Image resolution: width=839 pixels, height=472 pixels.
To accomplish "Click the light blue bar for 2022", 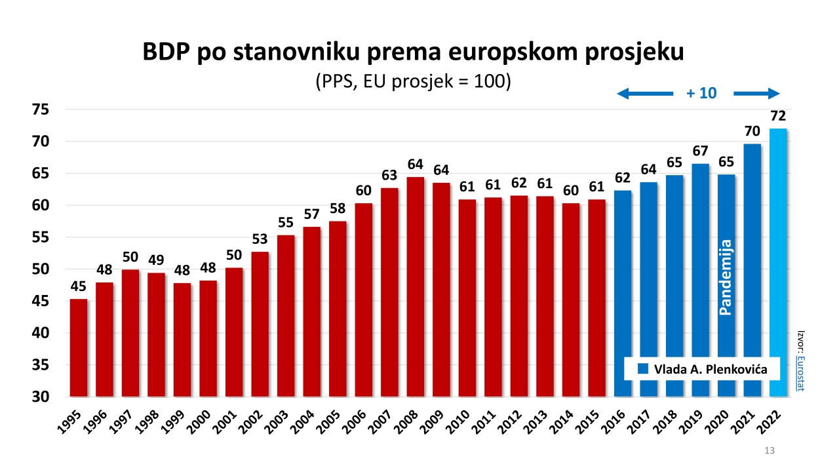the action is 778,262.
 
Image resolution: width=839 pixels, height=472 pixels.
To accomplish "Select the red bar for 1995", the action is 79,347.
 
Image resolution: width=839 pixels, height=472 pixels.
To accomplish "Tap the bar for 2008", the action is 416,286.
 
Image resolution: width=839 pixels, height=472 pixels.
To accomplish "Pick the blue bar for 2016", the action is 623,293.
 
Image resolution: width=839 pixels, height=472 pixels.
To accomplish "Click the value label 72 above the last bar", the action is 778,116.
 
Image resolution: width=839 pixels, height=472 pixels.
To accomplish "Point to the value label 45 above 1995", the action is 78,286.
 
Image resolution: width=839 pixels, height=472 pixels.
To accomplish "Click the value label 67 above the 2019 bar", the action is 700,151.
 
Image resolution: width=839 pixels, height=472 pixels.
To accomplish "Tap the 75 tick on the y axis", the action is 41,109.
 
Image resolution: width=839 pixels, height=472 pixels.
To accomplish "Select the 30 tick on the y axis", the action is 41,397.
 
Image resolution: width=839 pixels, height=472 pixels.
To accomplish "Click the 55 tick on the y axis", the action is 41,237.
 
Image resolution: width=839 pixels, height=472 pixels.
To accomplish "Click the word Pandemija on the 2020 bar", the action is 726,277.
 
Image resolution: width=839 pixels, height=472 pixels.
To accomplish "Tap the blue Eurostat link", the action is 801,374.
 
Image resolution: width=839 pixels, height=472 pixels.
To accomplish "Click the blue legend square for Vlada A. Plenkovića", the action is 643,369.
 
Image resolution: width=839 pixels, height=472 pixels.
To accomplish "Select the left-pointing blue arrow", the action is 644,94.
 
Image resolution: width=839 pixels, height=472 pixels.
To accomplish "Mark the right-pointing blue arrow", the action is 756,94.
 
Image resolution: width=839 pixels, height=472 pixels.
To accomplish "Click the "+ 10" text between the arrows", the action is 701,93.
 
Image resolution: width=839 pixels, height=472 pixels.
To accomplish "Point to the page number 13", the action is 770,450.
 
